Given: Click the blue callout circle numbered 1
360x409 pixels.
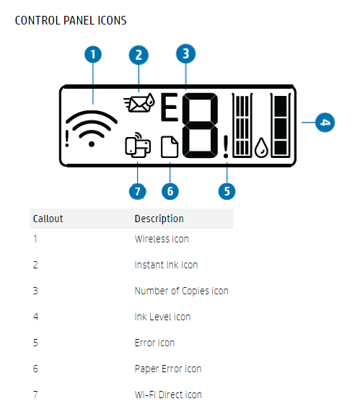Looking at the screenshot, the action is [x=93, y=55].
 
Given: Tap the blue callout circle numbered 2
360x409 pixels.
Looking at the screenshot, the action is [x=139, y=55].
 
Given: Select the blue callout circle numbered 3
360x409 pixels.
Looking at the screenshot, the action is [x=185, y=53].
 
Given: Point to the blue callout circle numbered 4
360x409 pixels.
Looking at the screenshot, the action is [x=325, y=123].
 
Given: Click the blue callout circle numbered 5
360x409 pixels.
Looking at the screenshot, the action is [x=227, y=191].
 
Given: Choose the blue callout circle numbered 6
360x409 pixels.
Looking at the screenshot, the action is [x=170, y=191].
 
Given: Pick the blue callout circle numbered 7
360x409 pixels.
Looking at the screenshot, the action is [x=138, y=191].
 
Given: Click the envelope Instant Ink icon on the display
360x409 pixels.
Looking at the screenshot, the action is [x=139, y=102].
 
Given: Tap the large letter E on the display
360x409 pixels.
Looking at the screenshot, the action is [x=170, y=107].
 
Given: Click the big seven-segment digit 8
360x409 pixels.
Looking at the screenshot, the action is [x=200, y=126].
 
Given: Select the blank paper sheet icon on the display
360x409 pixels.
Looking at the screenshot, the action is [x=170, y=147].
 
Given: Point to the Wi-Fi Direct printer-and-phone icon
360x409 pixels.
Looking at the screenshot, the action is [x=138, y=145].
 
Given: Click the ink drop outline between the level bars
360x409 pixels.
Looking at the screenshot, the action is [x=261, y=148].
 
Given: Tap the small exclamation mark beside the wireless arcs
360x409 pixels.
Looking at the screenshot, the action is [x=67, y=138].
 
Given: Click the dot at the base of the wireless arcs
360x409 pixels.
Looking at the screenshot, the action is [x=92, y=144].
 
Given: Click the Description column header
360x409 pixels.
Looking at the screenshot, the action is [x=159, y=219].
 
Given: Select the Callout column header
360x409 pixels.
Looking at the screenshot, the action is [x=48, y=219].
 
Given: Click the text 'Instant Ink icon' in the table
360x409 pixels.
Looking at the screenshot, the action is [x=166, y=265].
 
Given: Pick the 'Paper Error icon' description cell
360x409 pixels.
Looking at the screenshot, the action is [x=168, y=369].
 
